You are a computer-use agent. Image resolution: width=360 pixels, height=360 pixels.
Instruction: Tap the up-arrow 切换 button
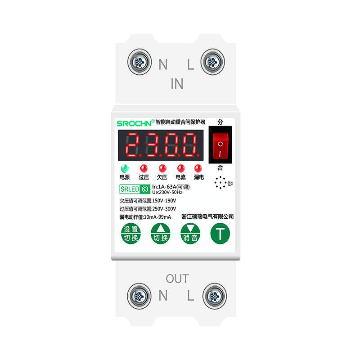[161, 234]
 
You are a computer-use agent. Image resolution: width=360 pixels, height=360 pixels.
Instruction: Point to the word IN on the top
[177, 84]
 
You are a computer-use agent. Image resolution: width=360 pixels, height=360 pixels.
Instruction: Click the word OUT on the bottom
[177, 279]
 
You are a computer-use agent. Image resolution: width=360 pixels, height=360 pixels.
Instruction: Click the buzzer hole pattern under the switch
[220, 183]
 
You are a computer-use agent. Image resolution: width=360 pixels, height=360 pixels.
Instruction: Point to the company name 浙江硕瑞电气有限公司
[207, 216]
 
